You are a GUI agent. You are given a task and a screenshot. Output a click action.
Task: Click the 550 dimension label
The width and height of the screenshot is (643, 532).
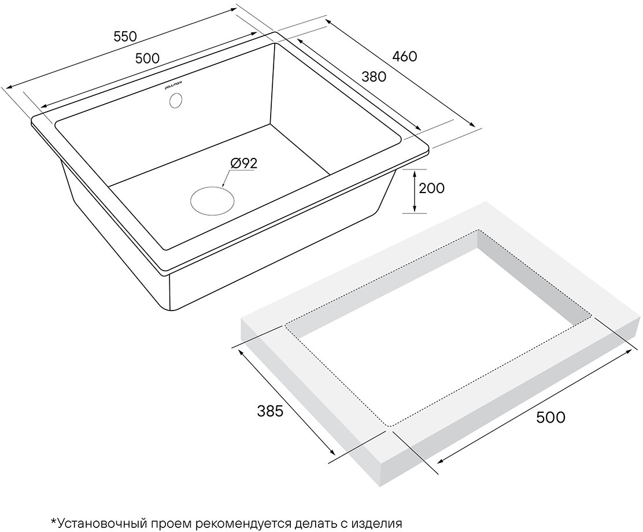(125, 36)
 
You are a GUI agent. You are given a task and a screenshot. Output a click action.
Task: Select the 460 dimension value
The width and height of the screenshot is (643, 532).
(404, 56)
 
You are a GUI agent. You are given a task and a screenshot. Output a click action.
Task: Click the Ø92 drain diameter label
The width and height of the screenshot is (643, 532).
(243, 164)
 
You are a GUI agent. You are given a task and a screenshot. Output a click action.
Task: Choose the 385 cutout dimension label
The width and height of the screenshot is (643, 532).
(270, 412)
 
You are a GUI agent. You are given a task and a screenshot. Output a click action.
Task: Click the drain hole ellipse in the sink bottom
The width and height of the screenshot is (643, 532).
(213, 200)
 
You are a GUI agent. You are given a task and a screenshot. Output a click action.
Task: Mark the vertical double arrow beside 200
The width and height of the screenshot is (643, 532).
(415, 191)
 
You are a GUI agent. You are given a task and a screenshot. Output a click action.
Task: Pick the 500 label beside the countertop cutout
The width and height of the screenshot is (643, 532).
(550, 417)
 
